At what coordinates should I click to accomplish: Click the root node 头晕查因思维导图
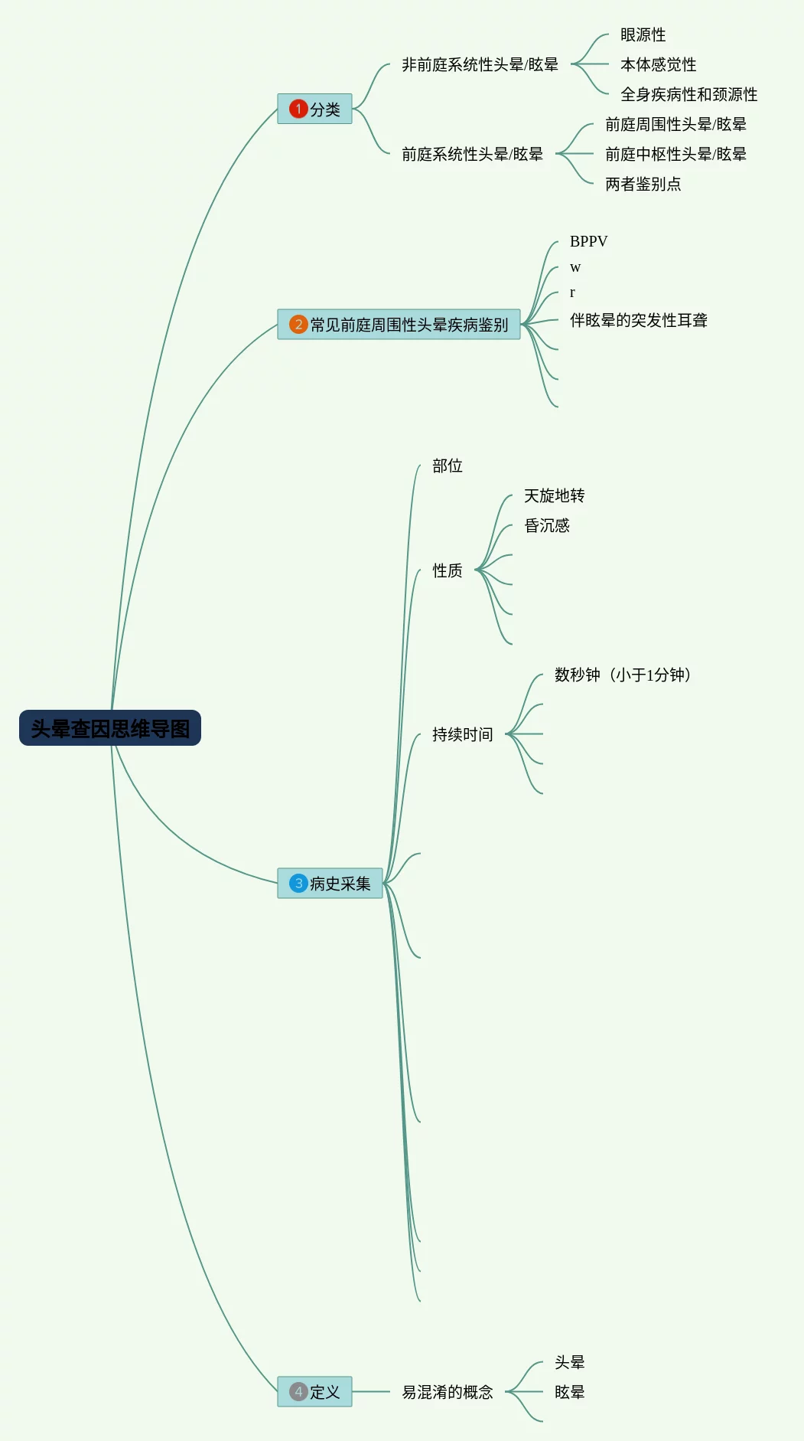[x=110, y=728]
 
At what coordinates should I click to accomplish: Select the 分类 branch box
[x=314, y=109]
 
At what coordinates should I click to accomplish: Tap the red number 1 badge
[x=298, y=109]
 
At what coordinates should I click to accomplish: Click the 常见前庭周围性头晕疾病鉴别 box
[x=399, y=325]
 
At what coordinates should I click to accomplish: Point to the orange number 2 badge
[x=298, y=325]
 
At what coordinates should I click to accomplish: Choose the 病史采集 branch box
[x=330, y=883]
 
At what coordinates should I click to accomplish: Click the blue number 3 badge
[x=298, y=883]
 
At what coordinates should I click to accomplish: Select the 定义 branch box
[x=314, y=1391]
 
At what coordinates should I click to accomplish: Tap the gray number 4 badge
[x=298, y=1391]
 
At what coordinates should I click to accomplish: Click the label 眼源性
[x=643, y=35]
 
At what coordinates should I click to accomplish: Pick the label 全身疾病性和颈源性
[x=688, y=95]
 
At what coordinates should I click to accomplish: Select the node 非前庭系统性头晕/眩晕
[x=480, y=65]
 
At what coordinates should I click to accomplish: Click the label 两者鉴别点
[x=643, y=185]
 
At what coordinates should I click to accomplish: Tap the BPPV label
[x=588, y=242]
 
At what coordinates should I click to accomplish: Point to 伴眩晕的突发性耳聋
[x=638, y=321]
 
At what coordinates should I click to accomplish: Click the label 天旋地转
[x=554, y=496]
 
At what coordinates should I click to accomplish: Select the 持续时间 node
[x=462, y=735]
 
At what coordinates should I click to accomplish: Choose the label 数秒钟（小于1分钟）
[x=623, y=675]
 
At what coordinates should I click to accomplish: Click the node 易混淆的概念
[x=447, y=1392]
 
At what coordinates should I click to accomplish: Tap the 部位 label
[x=447, y=466]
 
